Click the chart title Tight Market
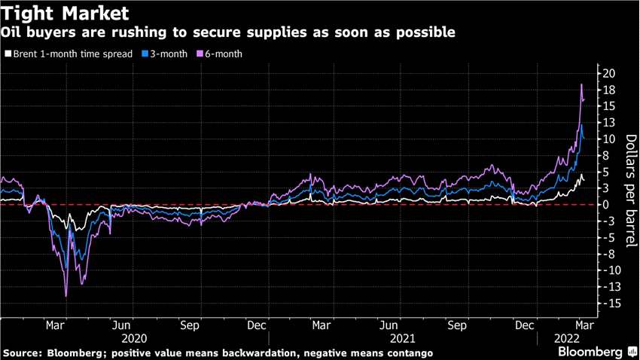click(65, 13)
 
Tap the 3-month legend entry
click(165, 54)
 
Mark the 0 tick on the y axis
click(606, 205)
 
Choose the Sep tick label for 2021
click(458, 326)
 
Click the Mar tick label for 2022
click(584, 326)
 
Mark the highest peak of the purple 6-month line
click(581, 84)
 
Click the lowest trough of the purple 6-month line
click(66, 296)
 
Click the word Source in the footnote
click(23, 353)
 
